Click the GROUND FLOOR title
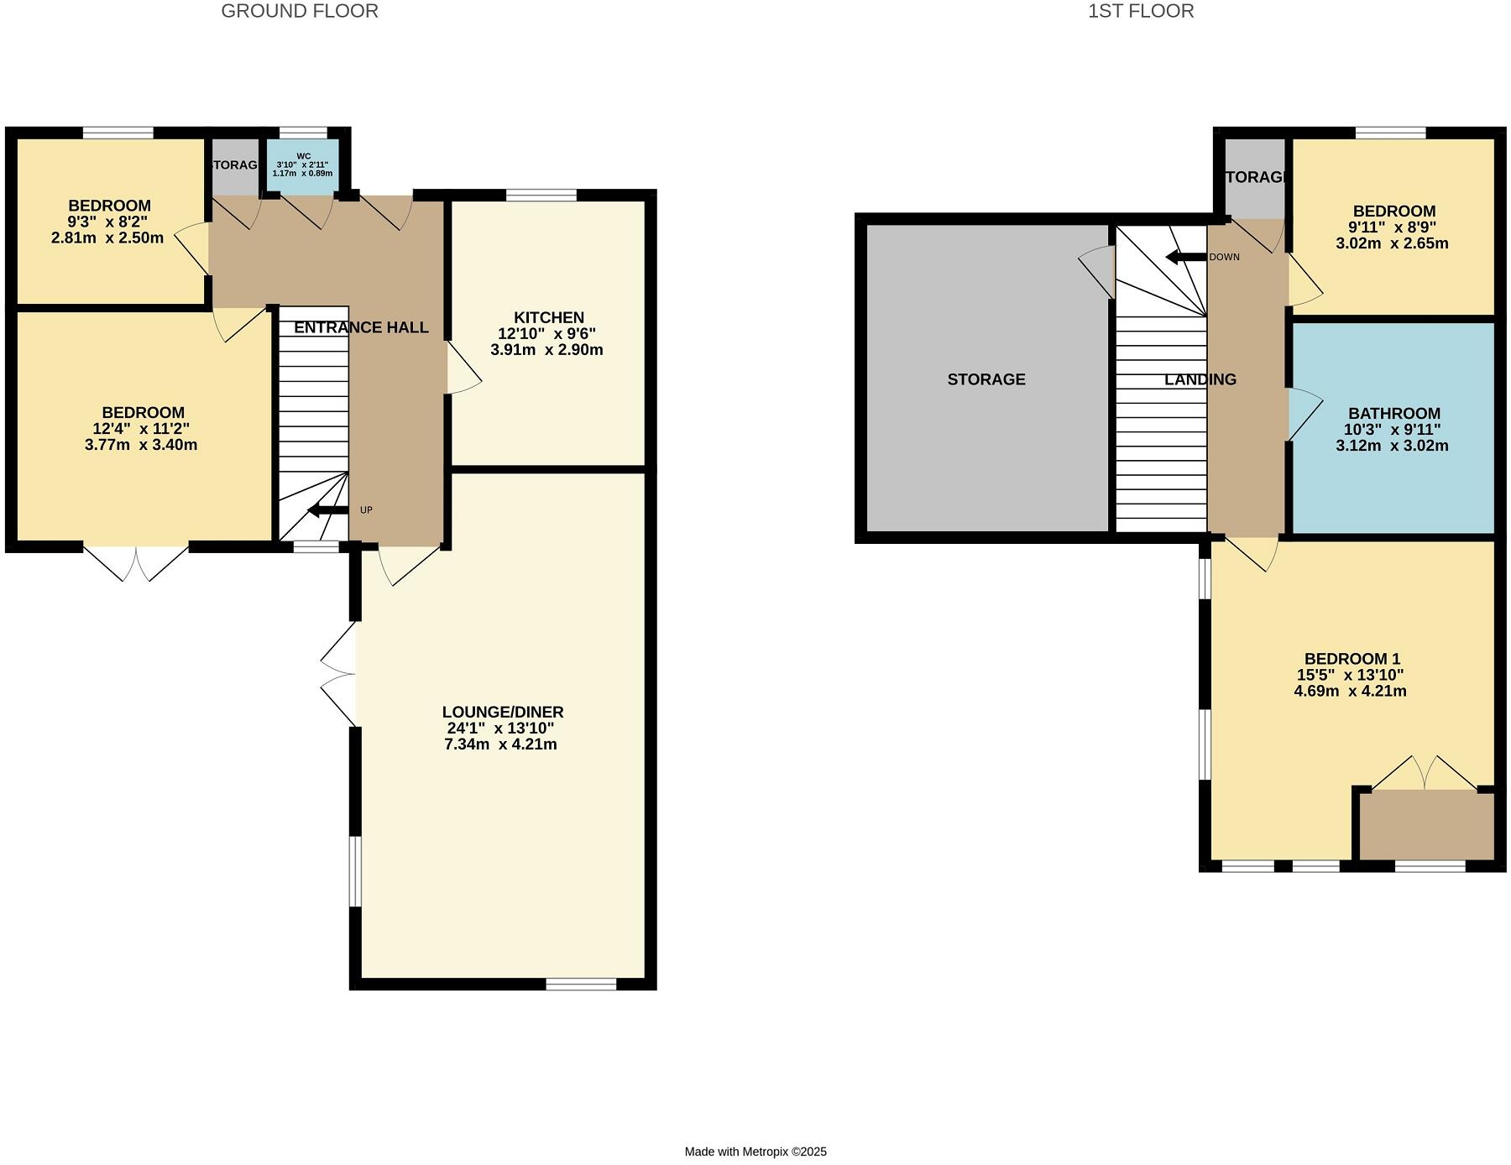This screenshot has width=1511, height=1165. point(299,11)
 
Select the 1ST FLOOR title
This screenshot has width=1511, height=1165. point(1140,11)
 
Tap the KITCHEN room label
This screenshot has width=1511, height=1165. point(548,317)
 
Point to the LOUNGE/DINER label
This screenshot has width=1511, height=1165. point(502,712)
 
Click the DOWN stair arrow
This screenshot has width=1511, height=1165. point(1185,257)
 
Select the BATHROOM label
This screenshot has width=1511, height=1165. point(1393,413)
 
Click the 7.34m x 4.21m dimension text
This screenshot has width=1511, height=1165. point(500,744)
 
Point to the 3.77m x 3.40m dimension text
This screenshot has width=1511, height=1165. point(141,445)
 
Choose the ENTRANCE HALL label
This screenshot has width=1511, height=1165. point(361,327)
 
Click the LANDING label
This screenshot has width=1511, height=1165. point(1200,379)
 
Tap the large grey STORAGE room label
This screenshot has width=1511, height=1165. point(986,379)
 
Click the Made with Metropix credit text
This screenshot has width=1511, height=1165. point(755,1152)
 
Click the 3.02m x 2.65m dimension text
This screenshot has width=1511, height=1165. point(1392,243)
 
